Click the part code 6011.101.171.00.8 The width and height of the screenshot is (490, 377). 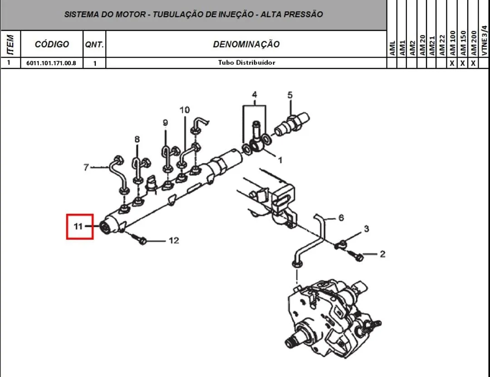[x=51, y=63]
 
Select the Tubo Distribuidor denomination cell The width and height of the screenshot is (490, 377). [x=246, y=63]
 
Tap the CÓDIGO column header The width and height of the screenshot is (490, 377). [x=52, y=44]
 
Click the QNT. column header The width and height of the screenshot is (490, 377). [x=94, y=44]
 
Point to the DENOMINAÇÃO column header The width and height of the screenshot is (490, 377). [x=246, y=44]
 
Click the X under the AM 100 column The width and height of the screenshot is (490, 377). [x=452, y=63]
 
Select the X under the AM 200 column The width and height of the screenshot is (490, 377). [x=473, y=63]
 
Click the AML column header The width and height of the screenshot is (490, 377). [x=392, y=48]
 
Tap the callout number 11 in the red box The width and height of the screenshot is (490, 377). [x=78, y=226]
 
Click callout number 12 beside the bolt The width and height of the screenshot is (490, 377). [x=174, y=240]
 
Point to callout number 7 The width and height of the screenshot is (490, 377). [x=86, y=167]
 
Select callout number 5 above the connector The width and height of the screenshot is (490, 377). [x=290, y=95]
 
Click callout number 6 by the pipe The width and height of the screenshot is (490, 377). [x=341, y=217]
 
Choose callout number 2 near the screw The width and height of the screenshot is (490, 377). [x=382, y=254]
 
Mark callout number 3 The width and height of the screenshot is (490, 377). [x=367, y=229]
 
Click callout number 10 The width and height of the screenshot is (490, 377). [x=185, y=110]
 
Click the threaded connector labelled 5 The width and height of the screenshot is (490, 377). [x=292, y=125]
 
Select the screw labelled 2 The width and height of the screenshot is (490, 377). [x=356, y=255]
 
